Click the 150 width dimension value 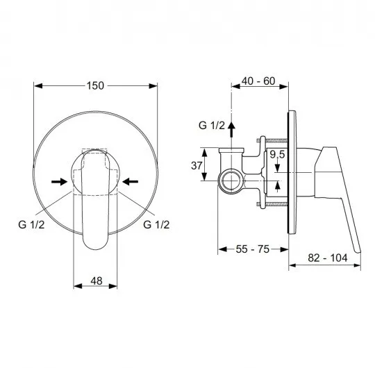click(x=95, y=85)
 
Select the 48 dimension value click(x=97, y=281)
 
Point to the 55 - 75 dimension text click(x=253, y=249)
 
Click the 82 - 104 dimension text click(x=327, y=258)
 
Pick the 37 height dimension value click(x=197, y=165)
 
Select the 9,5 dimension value click(x=277, y=154)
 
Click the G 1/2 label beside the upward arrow click(x=212, y=126)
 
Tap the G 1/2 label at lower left click(x=31, y=224)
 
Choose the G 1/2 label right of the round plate click(x=156, y=224)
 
